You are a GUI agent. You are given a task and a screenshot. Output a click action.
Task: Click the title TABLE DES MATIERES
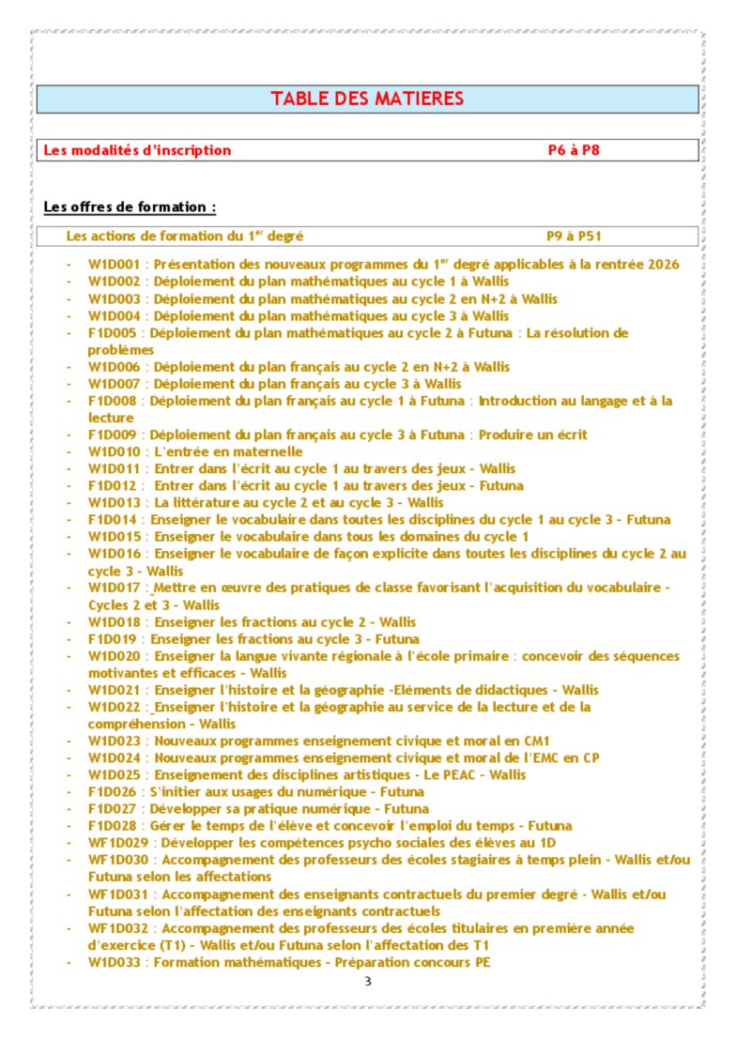367,99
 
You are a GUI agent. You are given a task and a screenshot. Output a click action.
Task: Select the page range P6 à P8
574,150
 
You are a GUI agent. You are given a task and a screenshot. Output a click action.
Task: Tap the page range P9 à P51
574,237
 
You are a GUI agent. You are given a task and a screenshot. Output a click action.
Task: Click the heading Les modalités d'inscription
137,150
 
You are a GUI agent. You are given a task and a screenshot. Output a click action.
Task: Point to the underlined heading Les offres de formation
130,206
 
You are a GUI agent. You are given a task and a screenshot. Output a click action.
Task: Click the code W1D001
114,265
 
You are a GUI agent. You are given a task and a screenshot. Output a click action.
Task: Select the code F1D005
113,333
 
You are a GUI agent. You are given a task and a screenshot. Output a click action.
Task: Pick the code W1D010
114,452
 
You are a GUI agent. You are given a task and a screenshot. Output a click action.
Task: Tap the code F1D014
113,520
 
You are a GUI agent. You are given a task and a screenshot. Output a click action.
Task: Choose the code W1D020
114,656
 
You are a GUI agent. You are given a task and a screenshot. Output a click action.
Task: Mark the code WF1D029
117,843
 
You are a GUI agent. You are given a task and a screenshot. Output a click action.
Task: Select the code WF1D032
117,928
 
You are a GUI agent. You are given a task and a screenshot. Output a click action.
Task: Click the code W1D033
114,962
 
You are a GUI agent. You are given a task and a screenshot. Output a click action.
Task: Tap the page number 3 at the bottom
368,982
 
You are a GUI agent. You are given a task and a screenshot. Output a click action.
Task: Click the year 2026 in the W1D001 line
662,265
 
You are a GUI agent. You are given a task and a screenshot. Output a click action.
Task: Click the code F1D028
113,826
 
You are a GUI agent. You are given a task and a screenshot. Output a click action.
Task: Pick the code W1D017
114,588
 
